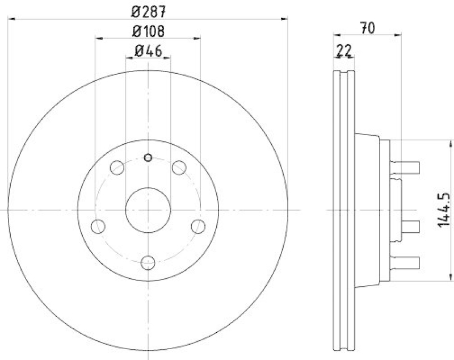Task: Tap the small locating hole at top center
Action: [148, 157]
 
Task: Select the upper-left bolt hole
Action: [116, 168]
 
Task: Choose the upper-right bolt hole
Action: [179, 168]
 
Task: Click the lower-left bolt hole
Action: [98, 226]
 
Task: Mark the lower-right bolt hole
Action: [198, 226]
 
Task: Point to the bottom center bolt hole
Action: [148, 263]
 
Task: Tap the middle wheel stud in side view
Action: [408, 227]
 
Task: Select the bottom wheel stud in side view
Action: [408, 262]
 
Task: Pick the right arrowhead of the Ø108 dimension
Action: [198, 38]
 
